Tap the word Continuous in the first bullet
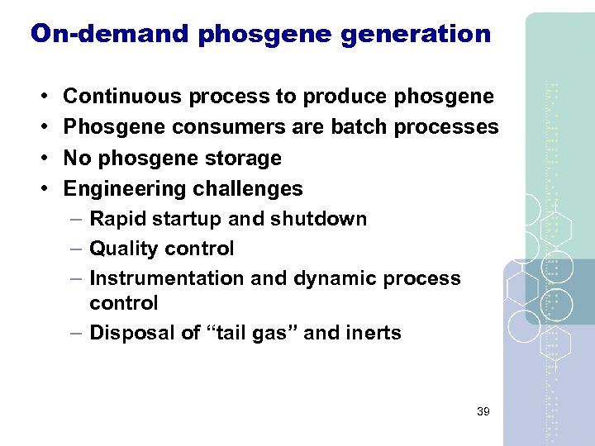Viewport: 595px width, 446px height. tap(122, 97)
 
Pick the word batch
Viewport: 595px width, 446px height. tap(362, 127)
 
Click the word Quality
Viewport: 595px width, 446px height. tap(124, 249)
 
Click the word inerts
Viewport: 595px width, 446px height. tap(374, 333)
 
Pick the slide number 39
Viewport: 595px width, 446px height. tap(484, 411)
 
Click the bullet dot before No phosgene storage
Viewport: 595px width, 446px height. tap(42, 158)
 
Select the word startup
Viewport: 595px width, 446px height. tap(182, 219)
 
